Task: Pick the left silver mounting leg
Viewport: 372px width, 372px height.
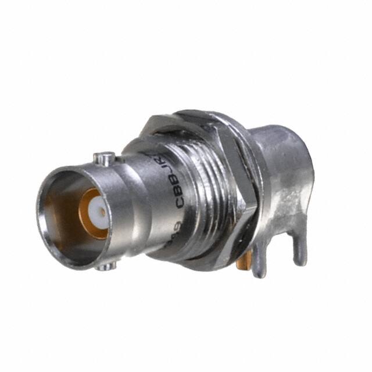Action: coord(259,262)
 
